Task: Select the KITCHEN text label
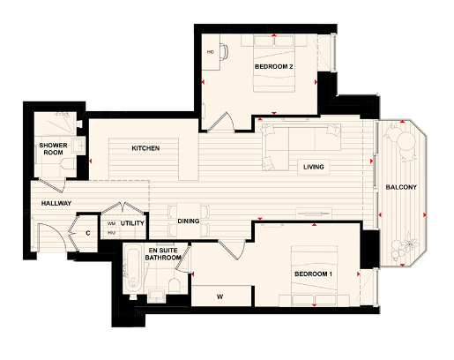145,148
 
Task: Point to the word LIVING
313,167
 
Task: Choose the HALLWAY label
56,204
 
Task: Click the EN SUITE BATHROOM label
164,257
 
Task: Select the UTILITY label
132,224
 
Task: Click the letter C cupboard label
88,234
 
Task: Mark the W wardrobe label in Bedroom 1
220,296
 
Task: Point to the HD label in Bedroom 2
211,52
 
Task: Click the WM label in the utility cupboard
111,224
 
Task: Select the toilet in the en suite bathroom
174,284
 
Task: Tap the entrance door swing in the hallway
49,236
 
